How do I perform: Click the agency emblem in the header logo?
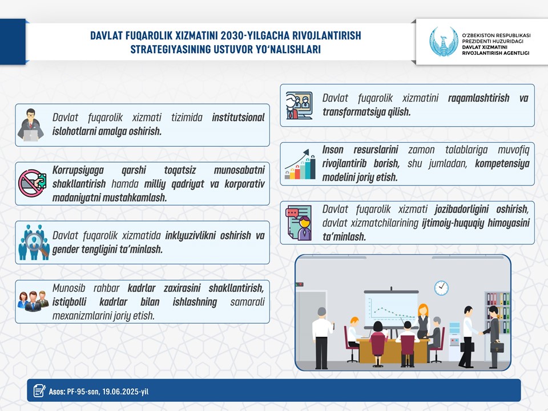pos(444,42)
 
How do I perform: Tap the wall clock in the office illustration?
pos(441,288)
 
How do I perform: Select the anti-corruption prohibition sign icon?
pos(32,183)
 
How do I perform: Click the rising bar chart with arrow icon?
pos(300,164)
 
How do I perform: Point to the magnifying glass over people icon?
pos(34,242)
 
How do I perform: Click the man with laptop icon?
pos(31,125)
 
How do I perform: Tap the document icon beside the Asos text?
pos(39,390)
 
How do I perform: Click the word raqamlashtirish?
pos(478,98)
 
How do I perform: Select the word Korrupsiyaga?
pos(78,171)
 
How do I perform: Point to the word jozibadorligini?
pos(462,209)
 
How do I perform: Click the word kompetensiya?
pos(502,164)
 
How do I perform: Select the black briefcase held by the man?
pos(497,347)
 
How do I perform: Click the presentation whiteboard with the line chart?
pos(391,309)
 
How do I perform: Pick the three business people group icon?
pos(33,301)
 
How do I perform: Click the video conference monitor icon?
pos(299,106)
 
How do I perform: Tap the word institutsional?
pos(238,118)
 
